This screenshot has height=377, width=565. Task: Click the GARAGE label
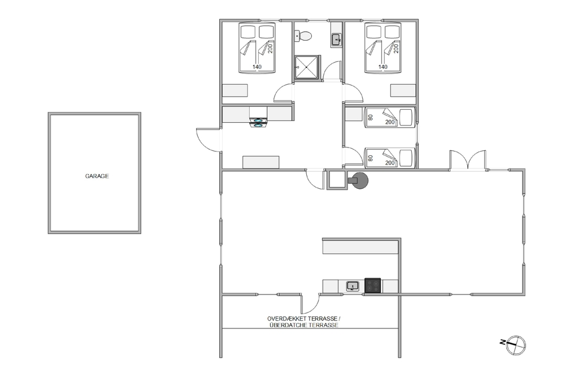(x=97, y=176)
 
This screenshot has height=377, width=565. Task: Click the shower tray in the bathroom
(x=307, y=67)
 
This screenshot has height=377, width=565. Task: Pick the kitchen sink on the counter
(x=353, y=287)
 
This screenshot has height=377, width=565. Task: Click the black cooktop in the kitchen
(x=373, y=285)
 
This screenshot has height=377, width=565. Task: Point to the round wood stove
(x=359, y=180)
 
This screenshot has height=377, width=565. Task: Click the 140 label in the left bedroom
(x=257, y=67)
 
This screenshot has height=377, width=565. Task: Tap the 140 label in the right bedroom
(x=383, y=67)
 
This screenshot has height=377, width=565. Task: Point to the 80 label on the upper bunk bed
(x=370, y=118)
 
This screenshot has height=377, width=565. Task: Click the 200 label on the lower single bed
(x=390, y=163)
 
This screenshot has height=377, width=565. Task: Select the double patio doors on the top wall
(x=467, y=159)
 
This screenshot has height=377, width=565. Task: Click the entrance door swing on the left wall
(x=208, y=140)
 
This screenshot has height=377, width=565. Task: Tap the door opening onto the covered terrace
(x=310, y=304)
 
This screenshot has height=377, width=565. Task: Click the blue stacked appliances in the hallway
(x=258, y=123)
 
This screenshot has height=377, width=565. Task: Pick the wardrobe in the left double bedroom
(x=235, y=90)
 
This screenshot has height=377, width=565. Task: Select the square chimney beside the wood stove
(x=337, y=180)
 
